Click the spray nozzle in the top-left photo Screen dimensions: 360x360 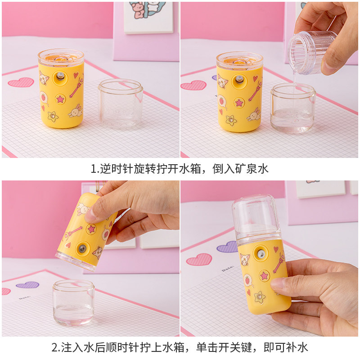click(x=60, y=76)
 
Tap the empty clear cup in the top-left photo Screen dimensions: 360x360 click(x=121, y=104)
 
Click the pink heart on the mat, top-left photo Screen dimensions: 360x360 click(x=21, y=82)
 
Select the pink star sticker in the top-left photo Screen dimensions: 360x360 click(x=60, y=99)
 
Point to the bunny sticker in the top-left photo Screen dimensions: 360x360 click(x=76, y=111)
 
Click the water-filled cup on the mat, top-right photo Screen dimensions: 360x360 click(x=293, y=108)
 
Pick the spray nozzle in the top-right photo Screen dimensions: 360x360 click(x=239, y=80)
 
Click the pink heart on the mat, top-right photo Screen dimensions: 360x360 click(x=193, y=85)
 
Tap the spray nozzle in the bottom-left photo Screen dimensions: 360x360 click(x=82, y=248)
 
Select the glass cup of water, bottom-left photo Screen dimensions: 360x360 click(x=73, y=302)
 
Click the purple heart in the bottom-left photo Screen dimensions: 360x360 click(x=27, y=285)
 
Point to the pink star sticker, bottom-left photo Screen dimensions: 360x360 click(x=91, y=229)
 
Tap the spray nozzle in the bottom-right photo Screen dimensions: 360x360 click(x=261, y=254)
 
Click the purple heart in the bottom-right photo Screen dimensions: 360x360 click(x=227, y=247)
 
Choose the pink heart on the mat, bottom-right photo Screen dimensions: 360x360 click(x=199, y=260)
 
